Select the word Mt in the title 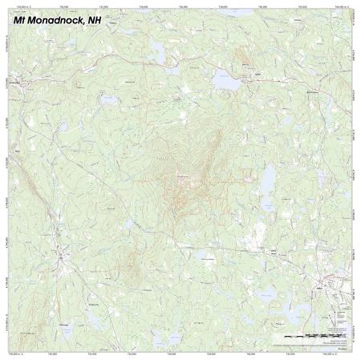pos(22,19)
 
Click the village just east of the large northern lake pos(258,78)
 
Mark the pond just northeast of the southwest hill pos(127,225)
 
